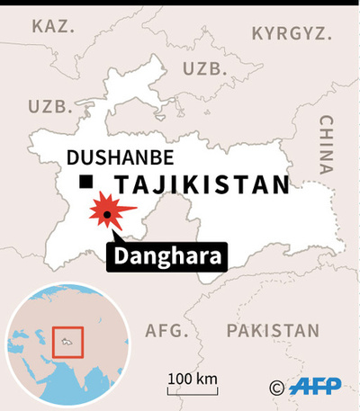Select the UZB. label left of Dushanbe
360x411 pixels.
click(49, 106)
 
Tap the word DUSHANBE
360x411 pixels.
click(121, 158)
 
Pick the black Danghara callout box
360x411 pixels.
click(167, 258)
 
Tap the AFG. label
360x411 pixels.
click(167, 331)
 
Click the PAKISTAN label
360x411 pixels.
click(273, 331)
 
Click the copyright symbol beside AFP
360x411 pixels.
click(277, 388)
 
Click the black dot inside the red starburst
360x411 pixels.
click(108, 213)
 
